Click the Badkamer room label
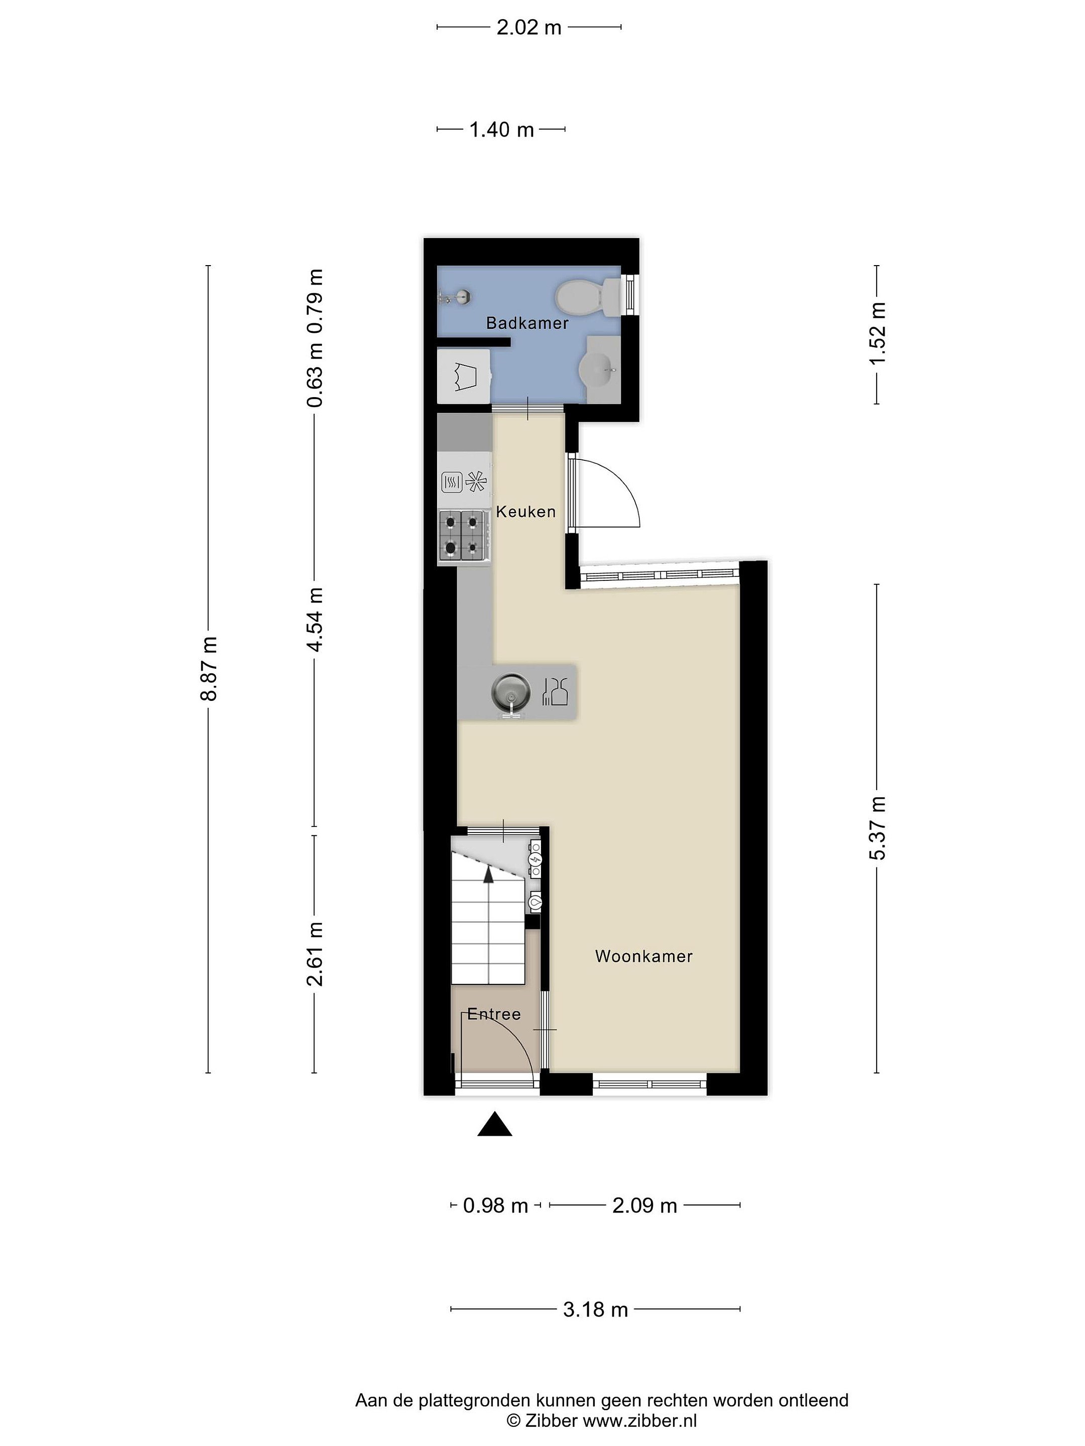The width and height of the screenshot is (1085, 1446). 527,323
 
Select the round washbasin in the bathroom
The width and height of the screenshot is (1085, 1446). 598,370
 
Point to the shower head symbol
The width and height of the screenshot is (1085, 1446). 455,297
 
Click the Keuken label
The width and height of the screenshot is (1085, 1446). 526,511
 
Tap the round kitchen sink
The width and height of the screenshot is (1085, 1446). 511,692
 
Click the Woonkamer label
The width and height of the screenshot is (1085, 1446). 643,956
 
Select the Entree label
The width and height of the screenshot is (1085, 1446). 494,1014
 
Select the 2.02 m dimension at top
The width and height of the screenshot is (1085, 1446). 529,28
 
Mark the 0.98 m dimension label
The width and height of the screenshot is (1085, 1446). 495,1205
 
